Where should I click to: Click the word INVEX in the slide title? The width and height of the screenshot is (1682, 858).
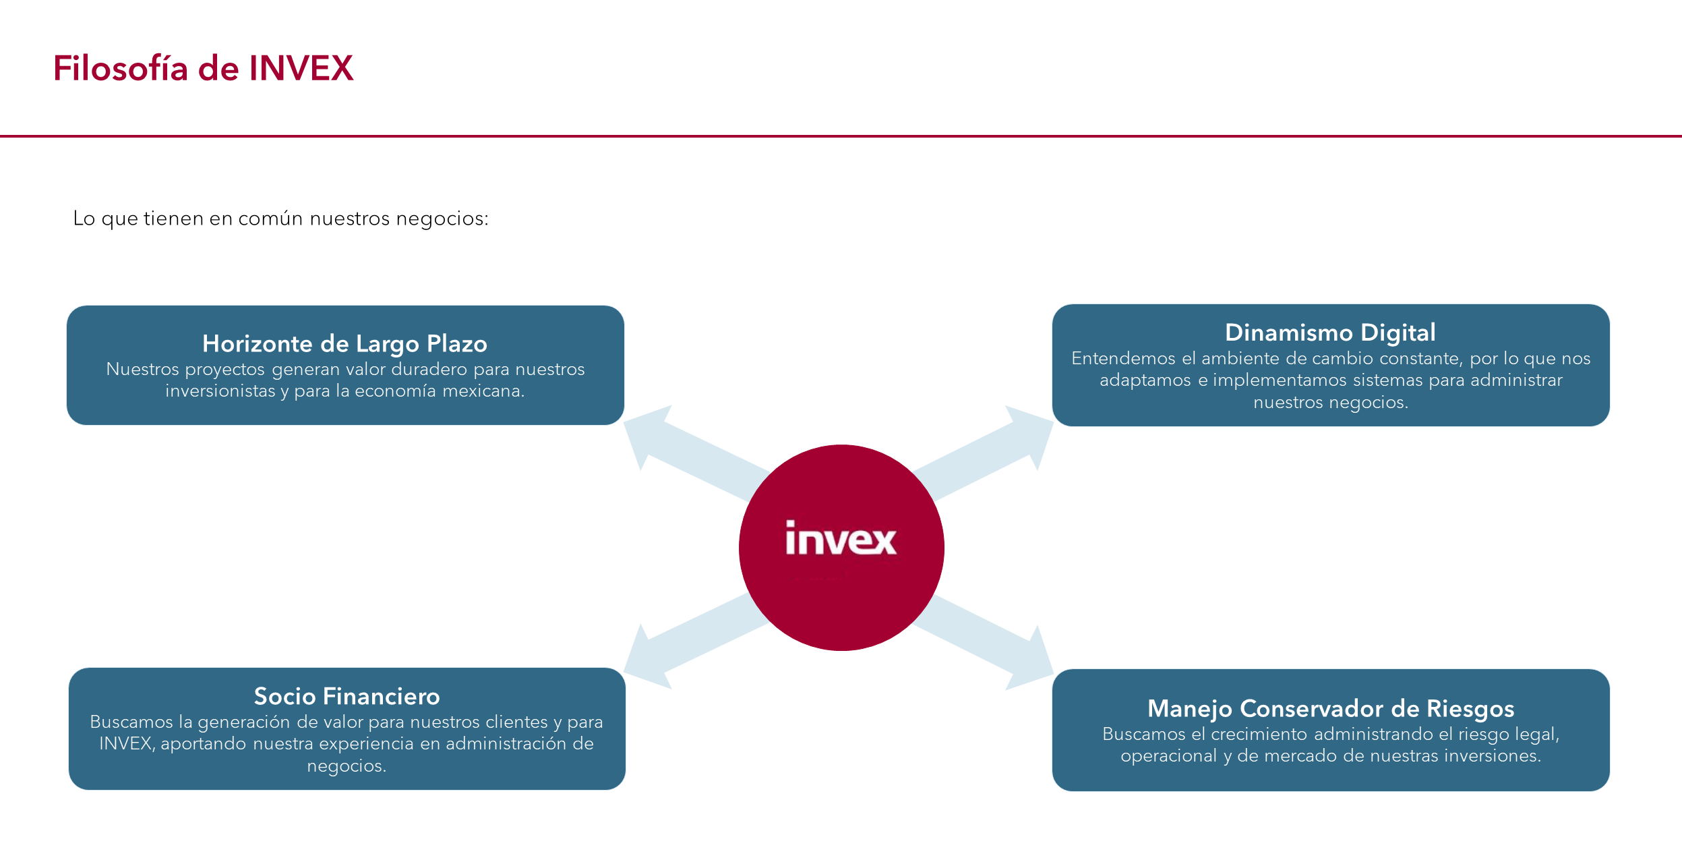[301, 69]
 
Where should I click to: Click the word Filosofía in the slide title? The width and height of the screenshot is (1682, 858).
[120, 69]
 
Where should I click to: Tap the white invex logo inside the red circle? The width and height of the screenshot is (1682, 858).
[841, 539]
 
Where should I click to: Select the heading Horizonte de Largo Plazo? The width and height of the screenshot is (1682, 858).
[344, 344]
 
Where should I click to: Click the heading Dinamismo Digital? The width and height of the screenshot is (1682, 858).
[1330, 333]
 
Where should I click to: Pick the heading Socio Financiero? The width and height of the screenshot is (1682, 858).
[347, 696]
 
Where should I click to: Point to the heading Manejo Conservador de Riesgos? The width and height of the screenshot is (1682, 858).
[1331, 708]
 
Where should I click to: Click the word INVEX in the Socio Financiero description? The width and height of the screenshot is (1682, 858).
[126, 743]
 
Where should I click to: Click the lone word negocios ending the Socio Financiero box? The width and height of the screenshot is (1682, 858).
[347, 766]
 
